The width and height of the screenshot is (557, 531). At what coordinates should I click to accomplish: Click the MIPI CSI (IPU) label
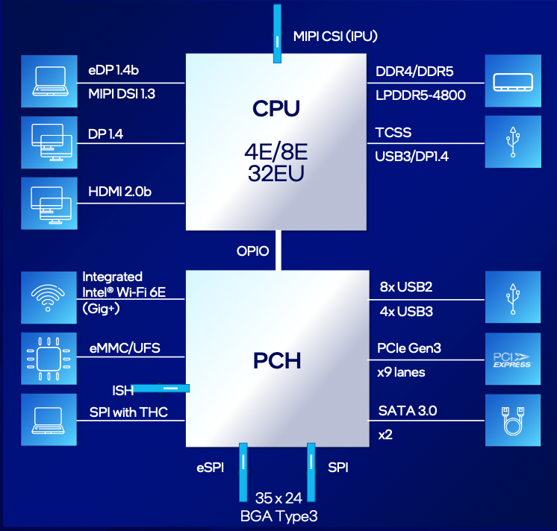(x=335, y=37)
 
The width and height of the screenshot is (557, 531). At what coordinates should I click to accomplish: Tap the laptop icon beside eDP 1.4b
(x=50, y=81)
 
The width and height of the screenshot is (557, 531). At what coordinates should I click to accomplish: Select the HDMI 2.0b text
(x=119, y=192)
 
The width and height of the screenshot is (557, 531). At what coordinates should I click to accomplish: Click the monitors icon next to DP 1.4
(x=52, y=142)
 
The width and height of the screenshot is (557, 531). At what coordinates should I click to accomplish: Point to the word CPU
(x=276, y=109)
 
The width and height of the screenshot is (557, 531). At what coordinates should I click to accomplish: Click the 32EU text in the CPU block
(x=276, y=174)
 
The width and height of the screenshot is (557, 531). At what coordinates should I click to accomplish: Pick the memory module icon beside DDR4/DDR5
(x=513, y=82)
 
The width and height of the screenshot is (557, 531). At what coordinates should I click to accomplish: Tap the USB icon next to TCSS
(x=513, y=142)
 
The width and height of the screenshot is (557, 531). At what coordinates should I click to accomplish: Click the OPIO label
(x=252, y=251)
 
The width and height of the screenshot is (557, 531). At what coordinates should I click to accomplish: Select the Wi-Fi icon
(x=48, y=298)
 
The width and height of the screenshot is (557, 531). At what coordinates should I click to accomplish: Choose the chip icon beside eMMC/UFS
(x=49, y=359)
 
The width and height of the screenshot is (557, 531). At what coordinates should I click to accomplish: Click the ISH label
(x=123, y=391)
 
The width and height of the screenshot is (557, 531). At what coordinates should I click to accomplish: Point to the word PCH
(x=277, y=361)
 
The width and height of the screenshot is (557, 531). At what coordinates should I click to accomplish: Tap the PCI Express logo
(x=512, y=359)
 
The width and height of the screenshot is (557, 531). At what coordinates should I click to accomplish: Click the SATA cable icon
(x=513, y=421)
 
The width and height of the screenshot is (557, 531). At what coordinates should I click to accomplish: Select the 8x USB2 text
(x=406, y=286)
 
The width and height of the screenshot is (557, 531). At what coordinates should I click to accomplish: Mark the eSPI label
(x=211, y=468)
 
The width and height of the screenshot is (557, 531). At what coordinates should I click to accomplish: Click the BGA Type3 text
(x=278, y=516)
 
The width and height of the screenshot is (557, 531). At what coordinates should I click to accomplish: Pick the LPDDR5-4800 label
(x=420, y=95)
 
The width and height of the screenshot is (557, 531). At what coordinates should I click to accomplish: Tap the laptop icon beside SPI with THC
(x=49, y=421)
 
